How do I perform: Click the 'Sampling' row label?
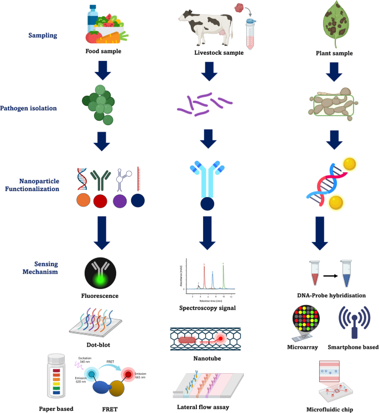(44, 36)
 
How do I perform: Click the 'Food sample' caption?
(103, 51)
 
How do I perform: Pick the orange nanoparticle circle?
(84, 200)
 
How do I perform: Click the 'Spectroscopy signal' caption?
(208, 308)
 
